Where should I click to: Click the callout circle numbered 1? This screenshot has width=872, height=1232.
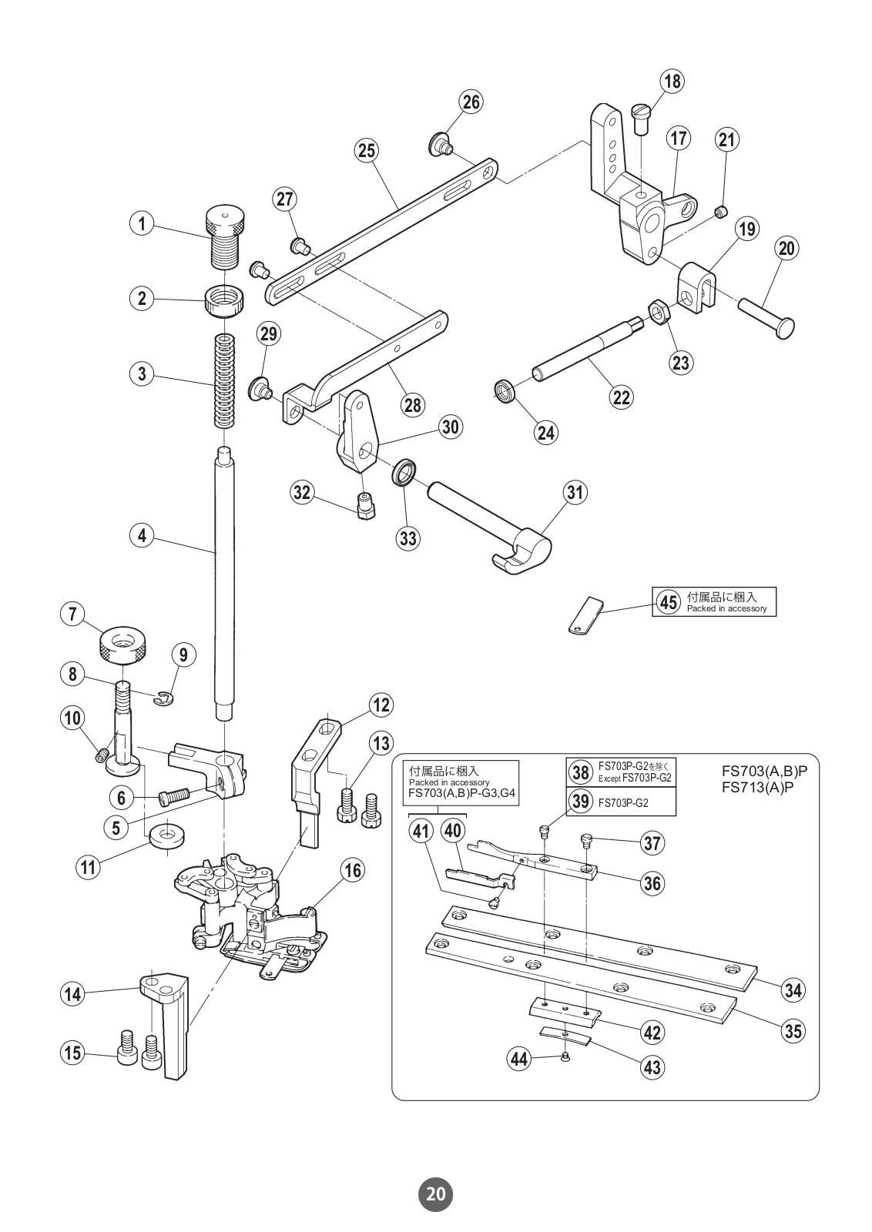coord(142,224)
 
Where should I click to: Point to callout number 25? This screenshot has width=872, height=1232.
coord(367,150)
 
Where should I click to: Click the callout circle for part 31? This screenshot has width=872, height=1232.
coord(575,491)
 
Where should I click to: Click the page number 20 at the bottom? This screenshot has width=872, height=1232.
coord(435,1194)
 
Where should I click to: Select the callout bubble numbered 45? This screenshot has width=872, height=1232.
coord(667,601)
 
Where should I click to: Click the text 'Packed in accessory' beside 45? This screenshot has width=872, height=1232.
coord(726,608)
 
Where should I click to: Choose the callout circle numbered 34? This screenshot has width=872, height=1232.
coord(793,989)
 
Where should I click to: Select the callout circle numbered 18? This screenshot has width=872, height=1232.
coord(672,82)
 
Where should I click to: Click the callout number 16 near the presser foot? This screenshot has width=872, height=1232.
coord(352,870)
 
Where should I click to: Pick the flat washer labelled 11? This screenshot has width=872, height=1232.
coord(165,835)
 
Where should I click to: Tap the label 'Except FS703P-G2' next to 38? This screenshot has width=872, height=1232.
coord(634,778)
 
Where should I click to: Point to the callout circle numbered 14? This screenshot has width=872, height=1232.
coord(72,993)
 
